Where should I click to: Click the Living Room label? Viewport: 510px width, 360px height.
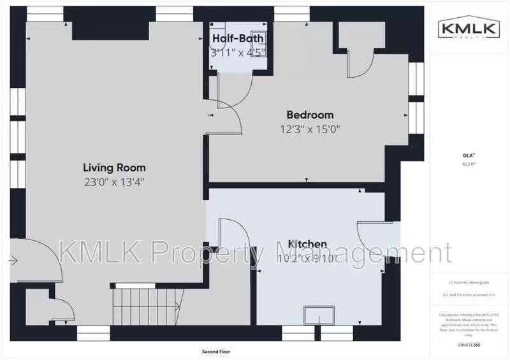[114, 168]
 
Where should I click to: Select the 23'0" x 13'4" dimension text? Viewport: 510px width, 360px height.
[114, 182]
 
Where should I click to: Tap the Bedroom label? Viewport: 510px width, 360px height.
[310, 115]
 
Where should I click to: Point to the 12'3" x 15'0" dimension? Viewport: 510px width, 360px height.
[310, 129]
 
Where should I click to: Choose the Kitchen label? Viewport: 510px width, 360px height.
[308, 244]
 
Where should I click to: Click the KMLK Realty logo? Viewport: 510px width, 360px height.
[469, 29]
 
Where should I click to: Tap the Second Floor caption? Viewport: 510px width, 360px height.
[215, 351]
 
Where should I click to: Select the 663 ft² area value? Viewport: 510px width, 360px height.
[469, 164]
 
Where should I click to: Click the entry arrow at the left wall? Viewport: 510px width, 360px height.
[12, 260]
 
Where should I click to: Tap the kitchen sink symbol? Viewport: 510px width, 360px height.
[318, 315]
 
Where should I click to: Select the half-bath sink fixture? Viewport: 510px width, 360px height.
[259, 37]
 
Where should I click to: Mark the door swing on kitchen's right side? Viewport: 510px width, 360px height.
[370, 243]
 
